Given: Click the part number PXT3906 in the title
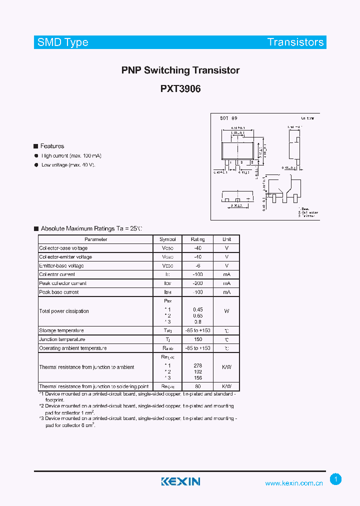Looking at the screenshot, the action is click(180, 89).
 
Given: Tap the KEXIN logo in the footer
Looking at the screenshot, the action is click(180, 481).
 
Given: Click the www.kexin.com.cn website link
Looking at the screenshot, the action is click(294, 483).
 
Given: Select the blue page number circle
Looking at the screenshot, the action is click(336, 479).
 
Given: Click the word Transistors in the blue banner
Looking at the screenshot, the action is click(295, 42).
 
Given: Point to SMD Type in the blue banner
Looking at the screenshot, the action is click(63, 42).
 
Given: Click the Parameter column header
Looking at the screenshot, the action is click(96, 239).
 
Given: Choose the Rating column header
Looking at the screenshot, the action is click(197, 239).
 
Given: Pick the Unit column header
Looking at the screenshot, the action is click(226, 239).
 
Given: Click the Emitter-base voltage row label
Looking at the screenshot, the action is click(61, 265).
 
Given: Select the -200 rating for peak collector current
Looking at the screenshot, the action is click(197, 283).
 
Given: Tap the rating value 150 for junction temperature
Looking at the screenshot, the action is click(197, 339).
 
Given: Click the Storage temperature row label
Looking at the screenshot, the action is click(61, 330).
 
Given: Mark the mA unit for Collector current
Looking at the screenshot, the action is click(226, 274).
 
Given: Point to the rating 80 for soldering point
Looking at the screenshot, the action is click(197, 386).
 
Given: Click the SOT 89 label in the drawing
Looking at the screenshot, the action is click(228, 118).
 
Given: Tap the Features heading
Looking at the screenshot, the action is click(52, 146).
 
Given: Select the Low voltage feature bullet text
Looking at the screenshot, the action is click(68, 164).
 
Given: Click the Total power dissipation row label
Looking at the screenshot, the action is click(64, 311).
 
